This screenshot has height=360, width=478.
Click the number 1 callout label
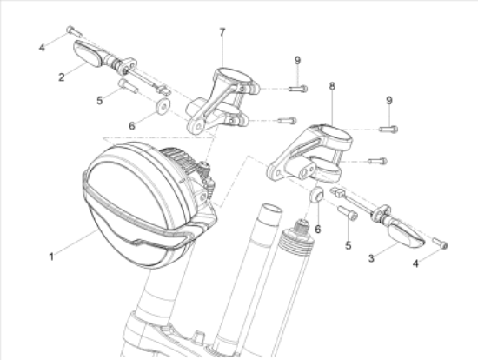click(x=52, y=257)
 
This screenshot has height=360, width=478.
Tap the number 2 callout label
click(x=62, y=77)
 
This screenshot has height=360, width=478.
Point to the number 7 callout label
click(x=222, y=32)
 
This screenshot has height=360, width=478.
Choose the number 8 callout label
click(x=332, y=86)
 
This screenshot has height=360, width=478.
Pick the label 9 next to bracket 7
click(x=297, y=60)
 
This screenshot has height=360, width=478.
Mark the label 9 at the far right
click(x=389, y=101)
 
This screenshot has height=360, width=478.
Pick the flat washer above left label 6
click(x=162, y=109)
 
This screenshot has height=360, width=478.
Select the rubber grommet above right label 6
click(x=317, y=195)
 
